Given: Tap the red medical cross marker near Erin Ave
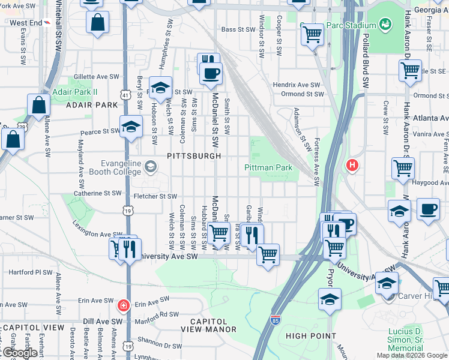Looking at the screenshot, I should (x=124, y=306).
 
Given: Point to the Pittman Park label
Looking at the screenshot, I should (x=268, y=167).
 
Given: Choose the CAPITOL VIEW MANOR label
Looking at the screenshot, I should (x=214, y=325).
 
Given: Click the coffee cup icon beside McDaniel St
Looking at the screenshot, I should (x=211, y=74).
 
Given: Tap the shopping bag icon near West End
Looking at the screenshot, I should (x=97, y=23).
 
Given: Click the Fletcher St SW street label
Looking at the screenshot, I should (x=155, y=196).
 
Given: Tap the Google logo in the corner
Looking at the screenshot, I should (x=20, y=353).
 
